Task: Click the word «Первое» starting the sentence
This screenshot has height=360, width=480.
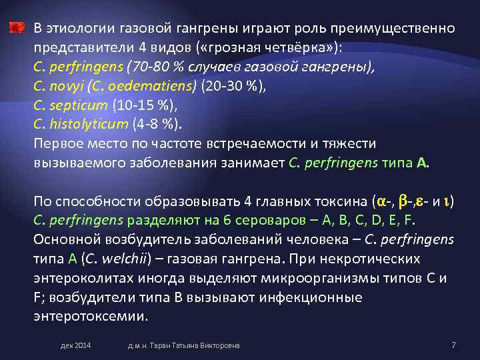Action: (57, 144)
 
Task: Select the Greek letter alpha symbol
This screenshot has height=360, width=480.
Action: (381, 201)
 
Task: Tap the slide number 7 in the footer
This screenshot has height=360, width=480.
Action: (453, 345)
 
